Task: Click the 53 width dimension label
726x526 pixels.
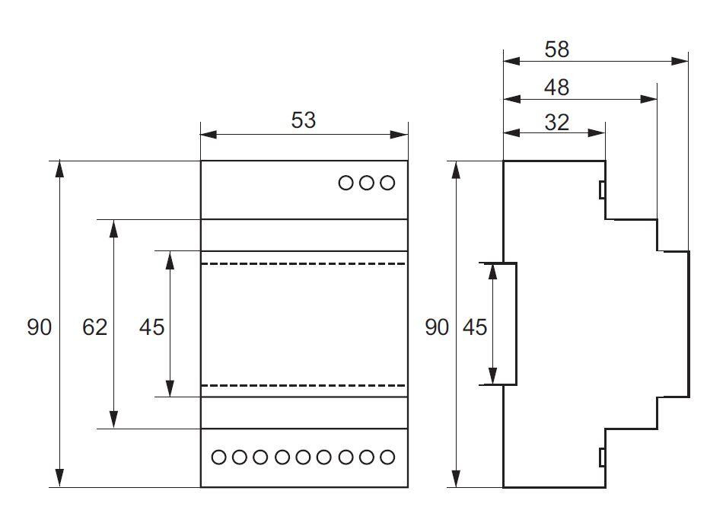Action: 304,120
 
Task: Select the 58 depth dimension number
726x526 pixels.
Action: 556,49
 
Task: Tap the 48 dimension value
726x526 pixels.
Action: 556,88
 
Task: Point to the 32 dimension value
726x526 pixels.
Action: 556,123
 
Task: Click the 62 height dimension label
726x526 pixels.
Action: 95,327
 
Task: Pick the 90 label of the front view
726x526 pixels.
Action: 40,327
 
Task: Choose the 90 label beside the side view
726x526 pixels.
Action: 437,327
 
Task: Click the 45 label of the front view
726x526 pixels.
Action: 152,327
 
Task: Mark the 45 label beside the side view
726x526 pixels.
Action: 475,327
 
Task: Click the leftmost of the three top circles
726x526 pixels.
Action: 345,183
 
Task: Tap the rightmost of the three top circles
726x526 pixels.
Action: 387,183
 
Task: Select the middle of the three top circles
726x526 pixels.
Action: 367,183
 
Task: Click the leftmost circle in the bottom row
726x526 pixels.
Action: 218,457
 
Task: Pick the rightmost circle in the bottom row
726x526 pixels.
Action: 387,457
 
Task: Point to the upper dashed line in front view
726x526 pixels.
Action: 304,263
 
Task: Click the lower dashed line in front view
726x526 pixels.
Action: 304,385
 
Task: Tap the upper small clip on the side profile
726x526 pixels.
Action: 602,190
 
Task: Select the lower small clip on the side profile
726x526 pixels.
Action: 602,457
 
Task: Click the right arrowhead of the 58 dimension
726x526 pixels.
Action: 680,61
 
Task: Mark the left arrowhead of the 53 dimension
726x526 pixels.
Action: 209,135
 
